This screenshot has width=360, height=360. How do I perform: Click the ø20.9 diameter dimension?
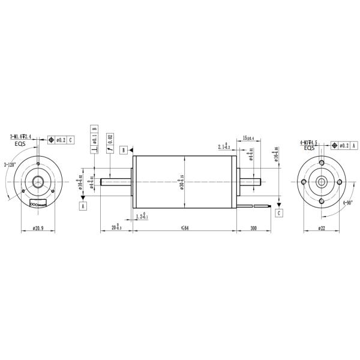[40, 229]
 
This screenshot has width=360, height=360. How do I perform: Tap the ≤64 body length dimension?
[184, 229]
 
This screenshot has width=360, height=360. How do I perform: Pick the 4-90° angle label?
[347, 203]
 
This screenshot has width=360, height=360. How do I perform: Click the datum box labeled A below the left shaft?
[82, 205]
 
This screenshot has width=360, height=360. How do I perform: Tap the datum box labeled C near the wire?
[279, 212]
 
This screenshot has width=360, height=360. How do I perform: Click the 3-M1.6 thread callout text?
[20, 137]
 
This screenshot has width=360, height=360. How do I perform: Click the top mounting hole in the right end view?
[322, 163]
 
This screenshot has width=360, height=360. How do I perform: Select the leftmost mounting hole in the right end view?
[303, 182]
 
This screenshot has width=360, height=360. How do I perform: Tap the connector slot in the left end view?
[40, 204]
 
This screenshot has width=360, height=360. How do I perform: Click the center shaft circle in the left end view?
[40, 182]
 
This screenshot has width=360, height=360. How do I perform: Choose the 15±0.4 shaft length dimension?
[246, 139]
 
